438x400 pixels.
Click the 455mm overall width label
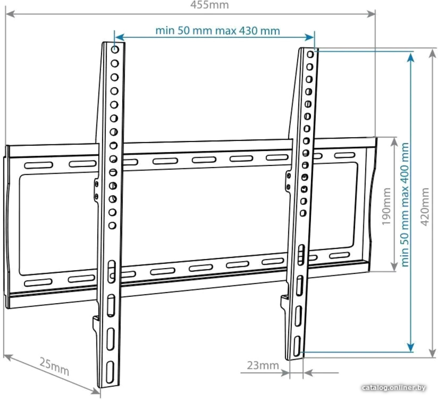tap(209, 5)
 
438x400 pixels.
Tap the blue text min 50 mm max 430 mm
tap(217, 30)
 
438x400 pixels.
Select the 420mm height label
tap(424, 206)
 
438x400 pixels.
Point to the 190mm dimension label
tap(386, 206)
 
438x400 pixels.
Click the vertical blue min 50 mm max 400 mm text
tap(405, 205)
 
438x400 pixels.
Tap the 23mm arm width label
tap(263, 365)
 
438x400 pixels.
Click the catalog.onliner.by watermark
tap(394, 388)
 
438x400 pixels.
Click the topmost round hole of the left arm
tap(115, 49)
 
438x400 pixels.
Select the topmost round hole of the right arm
tap(310, 54)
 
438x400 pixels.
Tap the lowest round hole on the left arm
tap(112, 225)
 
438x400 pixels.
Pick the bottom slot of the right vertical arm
tap(297, 346)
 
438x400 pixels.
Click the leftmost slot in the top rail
tap(39, 165)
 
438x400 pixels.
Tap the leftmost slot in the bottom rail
tap(38, 282)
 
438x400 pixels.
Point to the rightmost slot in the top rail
tap(345, 155)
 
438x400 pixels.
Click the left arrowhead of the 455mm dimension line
tap(10, 14)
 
